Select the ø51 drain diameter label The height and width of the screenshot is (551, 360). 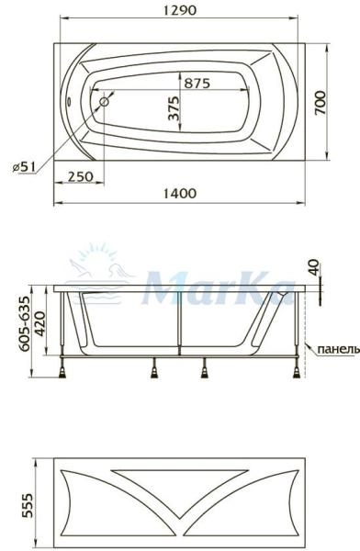click(24, 166)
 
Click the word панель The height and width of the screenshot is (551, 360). click(334, 350)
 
